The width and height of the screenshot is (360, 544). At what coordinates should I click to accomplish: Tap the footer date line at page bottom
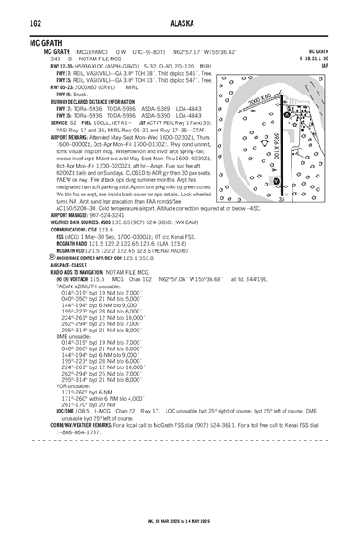[180, 532]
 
